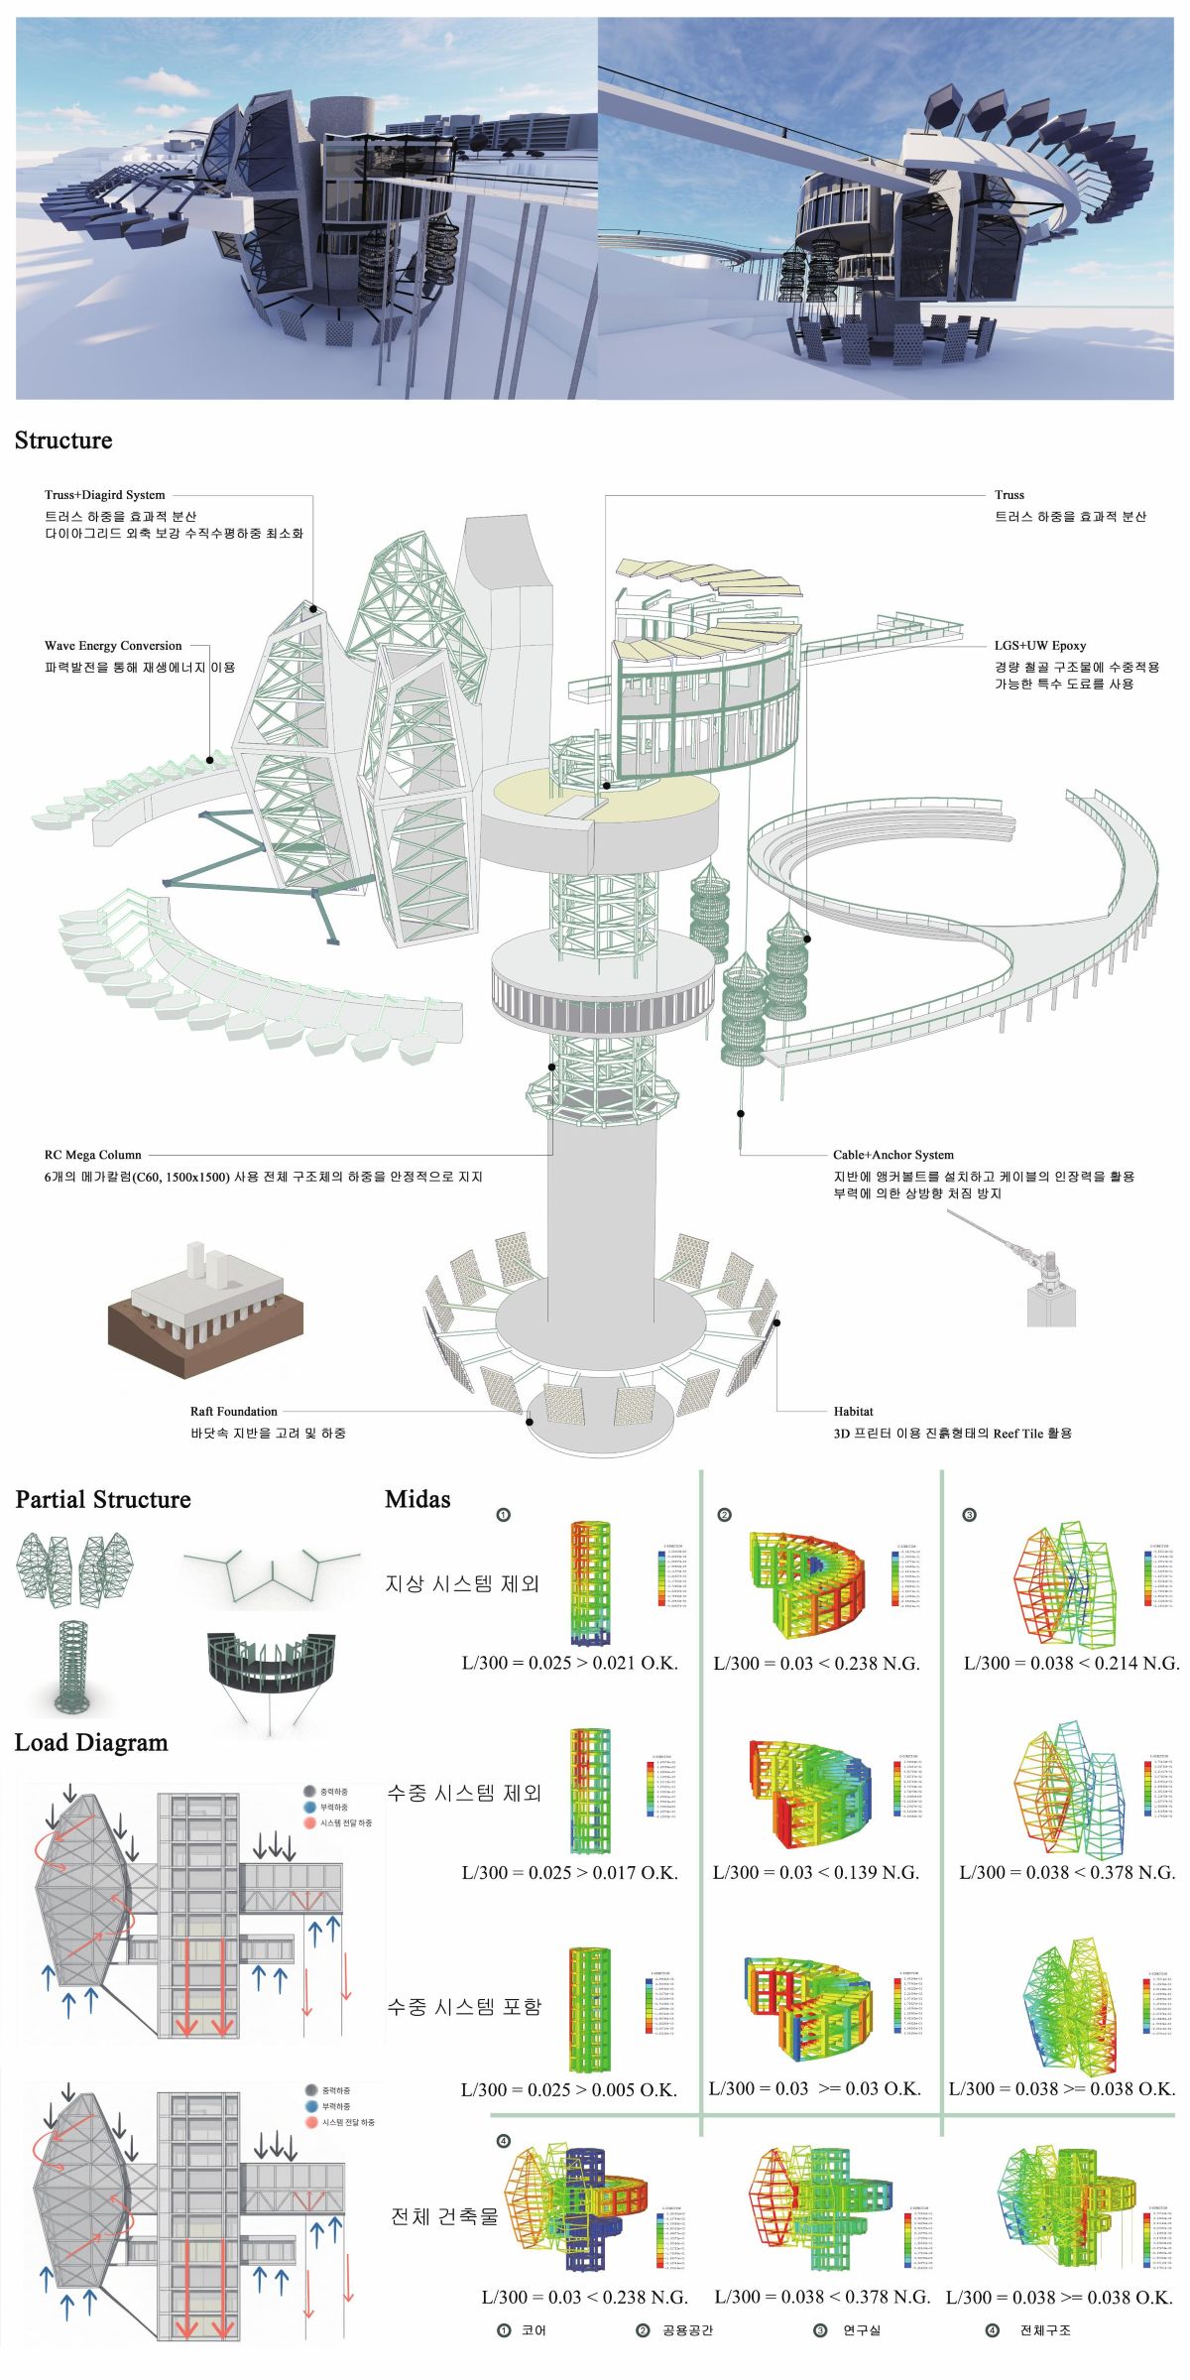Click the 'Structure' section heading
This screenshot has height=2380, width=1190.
pos(63,440)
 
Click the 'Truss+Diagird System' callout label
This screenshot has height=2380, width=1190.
pos(105,495)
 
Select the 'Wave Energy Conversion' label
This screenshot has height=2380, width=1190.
pos(113,646)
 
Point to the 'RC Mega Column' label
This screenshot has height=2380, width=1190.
pos(93,1155)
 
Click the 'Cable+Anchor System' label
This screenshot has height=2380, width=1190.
pos(892,1155)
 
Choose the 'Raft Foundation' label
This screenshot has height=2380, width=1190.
pos(234,1411)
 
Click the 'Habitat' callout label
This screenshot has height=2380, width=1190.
pos(853,1411)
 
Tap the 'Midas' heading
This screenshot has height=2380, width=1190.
pos(417,1499)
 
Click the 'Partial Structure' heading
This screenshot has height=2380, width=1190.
pos(103,1499)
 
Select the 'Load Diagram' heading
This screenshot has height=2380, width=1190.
pos(91,1743)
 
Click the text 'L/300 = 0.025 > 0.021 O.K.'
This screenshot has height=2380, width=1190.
pos(570,1664)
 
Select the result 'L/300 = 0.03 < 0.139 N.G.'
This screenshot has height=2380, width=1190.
pos(816,1873)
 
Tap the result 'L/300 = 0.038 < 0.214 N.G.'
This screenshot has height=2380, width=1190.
pos(1071,1664)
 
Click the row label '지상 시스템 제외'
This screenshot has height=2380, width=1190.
pos(462,1584)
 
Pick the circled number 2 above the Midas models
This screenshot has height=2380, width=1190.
pos(725,1515)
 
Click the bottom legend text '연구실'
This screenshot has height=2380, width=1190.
pos(862,2330)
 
